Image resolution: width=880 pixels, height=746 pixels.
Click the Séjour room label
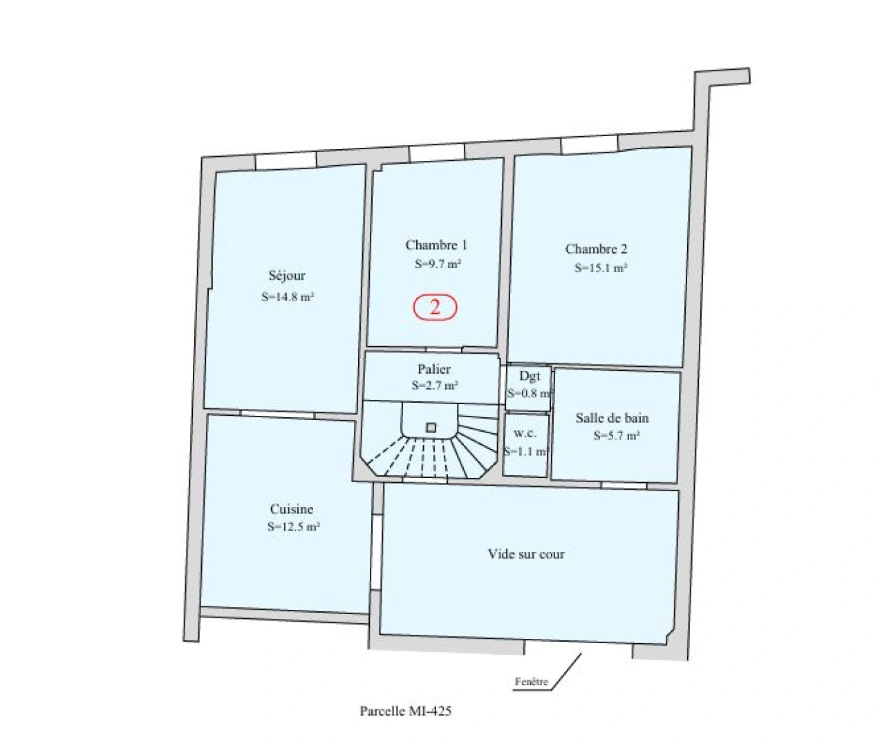point(287,276)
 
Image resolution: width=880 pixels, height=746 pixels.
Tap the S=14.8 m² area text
point(288,298)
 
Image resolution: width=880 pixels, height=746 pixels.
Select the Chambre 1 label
point(436,245)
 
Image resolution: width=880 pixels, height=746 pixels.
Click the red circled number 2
point(436,307)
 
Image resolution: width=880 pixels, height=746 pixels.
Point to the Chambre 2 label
point(596,249)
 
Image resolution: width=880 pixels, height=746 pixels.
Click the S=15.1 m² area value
point(600,269)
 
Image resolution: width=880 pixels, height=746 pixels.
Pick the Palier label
point(434,370)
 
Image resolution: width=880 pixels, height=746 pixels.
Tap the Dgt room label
point(530,376)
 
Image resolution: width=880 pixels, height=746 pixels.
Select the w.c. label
point(525,434)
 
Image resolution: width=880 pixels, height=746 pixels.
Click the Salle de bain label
point(612,418)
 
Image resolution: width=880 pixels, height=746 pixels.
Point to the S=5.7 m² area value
point(616,436)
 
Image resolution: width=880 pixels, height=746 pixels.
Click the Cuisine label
point(292,510)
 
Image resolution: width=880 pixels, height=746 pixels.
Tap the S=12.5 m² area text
point(293,527)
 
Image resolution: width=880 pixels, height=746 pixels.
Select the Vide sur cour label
point(526,554)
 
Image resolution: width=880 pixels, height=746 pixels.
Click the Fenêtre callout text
point(532,682)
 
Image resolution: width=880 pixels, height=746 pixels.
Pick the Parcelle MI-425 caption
point(406,711)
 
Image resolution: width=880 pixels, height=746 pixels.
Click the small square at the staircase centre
point(431,428)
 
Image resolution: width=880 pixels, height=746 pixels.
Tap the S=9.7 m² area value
point(438,263)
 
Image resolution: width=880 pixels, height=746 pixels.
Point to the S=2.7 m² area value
point(435,386)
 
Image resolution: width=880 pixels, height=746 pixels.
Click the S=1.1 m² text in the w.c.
point(526,452)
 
